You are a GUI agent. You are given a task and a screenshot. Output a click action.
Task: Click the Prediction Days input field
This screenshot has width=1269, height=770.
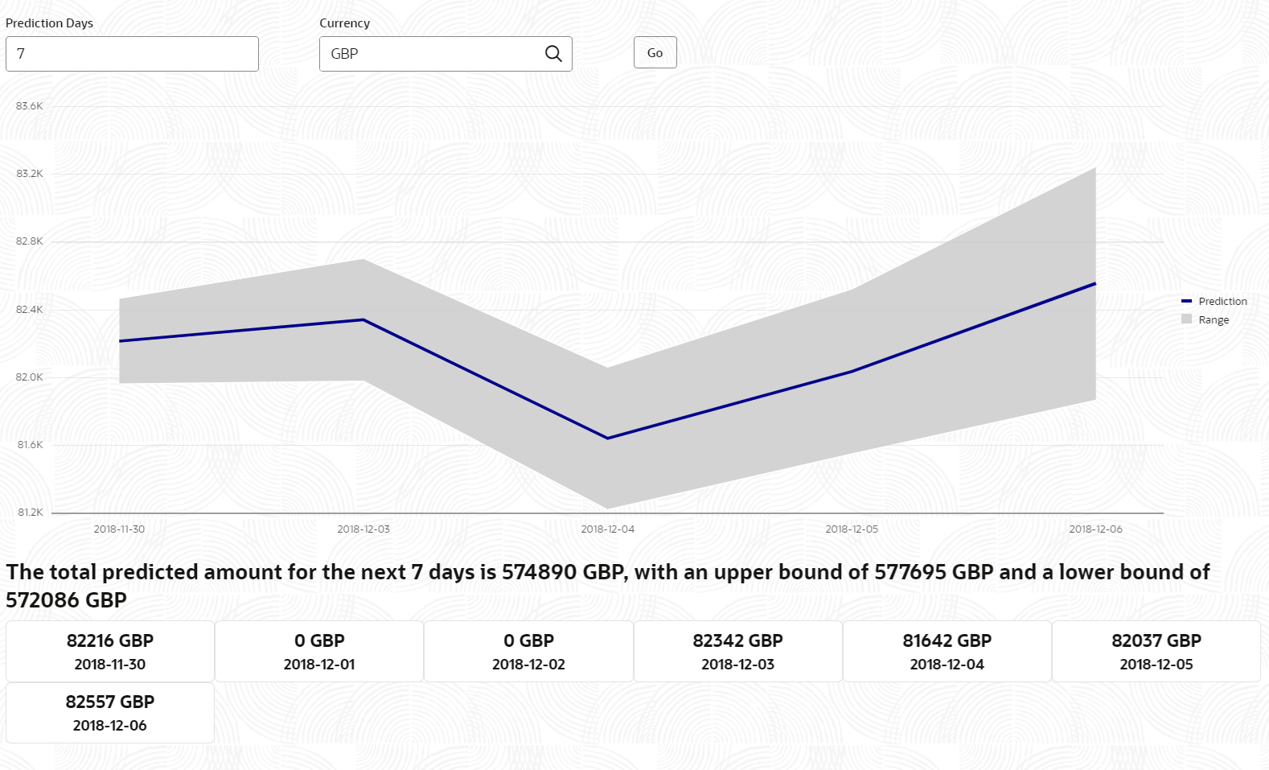(x=132, y=54)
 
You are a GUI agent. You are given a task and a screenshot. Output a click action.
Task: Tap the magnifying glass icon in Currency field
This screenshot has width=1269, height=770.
(x=553, y=54)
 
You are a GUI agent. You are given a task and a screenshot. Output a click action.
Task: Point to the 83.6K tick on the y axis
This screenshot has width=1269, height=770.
(x=30, y=106)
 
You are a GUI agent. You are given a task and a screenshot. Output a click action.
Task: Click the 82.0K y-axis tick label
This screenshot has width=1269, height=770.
(x=30, y=377)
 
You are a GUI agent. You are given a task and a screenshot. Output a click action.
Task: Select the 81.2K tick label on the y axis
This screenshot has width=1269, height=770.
(x=30, y=513)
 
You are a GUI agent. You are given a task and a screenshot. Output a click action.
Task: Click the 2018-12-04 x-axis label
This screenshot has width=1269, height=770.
(x=607, y=529)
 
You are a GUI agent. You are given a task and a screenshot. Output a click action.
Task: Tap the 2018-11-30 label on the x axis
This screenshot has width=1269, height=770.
(x=119, y=529)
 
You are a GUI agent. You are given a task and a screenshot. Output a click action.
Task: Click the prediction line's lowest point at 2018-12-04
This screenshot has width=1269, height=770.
(x=607, y=439)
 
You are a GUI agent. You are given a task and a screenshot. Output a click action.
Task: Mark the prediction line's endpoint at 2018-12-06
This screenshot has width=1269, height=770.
(x=1095, y=283)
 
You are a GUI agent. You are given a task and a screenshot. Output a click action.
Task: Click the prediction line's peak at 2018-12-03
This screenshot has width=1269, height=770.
(x=363, y=319)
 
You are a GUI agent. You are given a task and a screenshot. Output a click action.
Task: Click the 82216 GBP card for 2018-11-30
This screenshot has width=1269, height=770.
(x=110, y=652)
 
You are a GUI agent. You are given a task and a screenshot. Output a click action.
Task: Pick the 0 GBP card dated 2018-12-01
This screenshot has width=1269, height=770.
(x=319, y=652)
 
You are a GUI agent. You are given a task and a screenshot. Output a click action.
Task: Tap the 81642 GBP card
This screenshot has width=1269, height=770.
(x=947, y=652)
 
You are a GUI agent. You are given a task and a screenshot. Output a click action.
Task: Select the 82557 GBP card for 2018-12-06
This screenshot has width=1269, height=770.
(x=110, y=713)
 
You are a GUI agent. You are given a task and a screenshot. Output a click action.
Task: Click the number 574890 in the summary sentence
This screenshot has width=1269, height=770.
(x=539, y=572)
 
